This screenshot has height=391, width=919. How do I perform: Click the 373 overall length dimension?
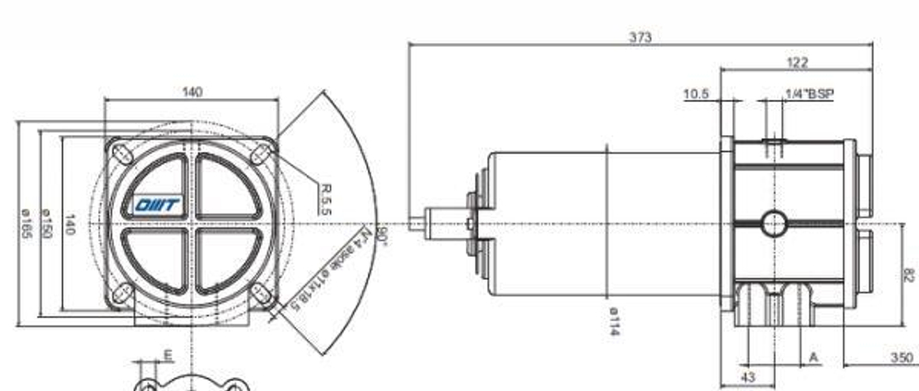point(641,37)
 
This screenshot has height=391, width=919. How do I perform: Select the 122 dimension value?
point(798,63)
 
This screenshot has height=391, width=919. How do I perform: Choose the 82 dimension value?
point(909,273)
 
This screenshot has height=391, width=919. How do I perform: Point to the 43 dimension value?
point(748,377)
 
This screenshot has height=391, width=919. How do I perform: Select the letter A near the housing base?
point(813,357)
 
